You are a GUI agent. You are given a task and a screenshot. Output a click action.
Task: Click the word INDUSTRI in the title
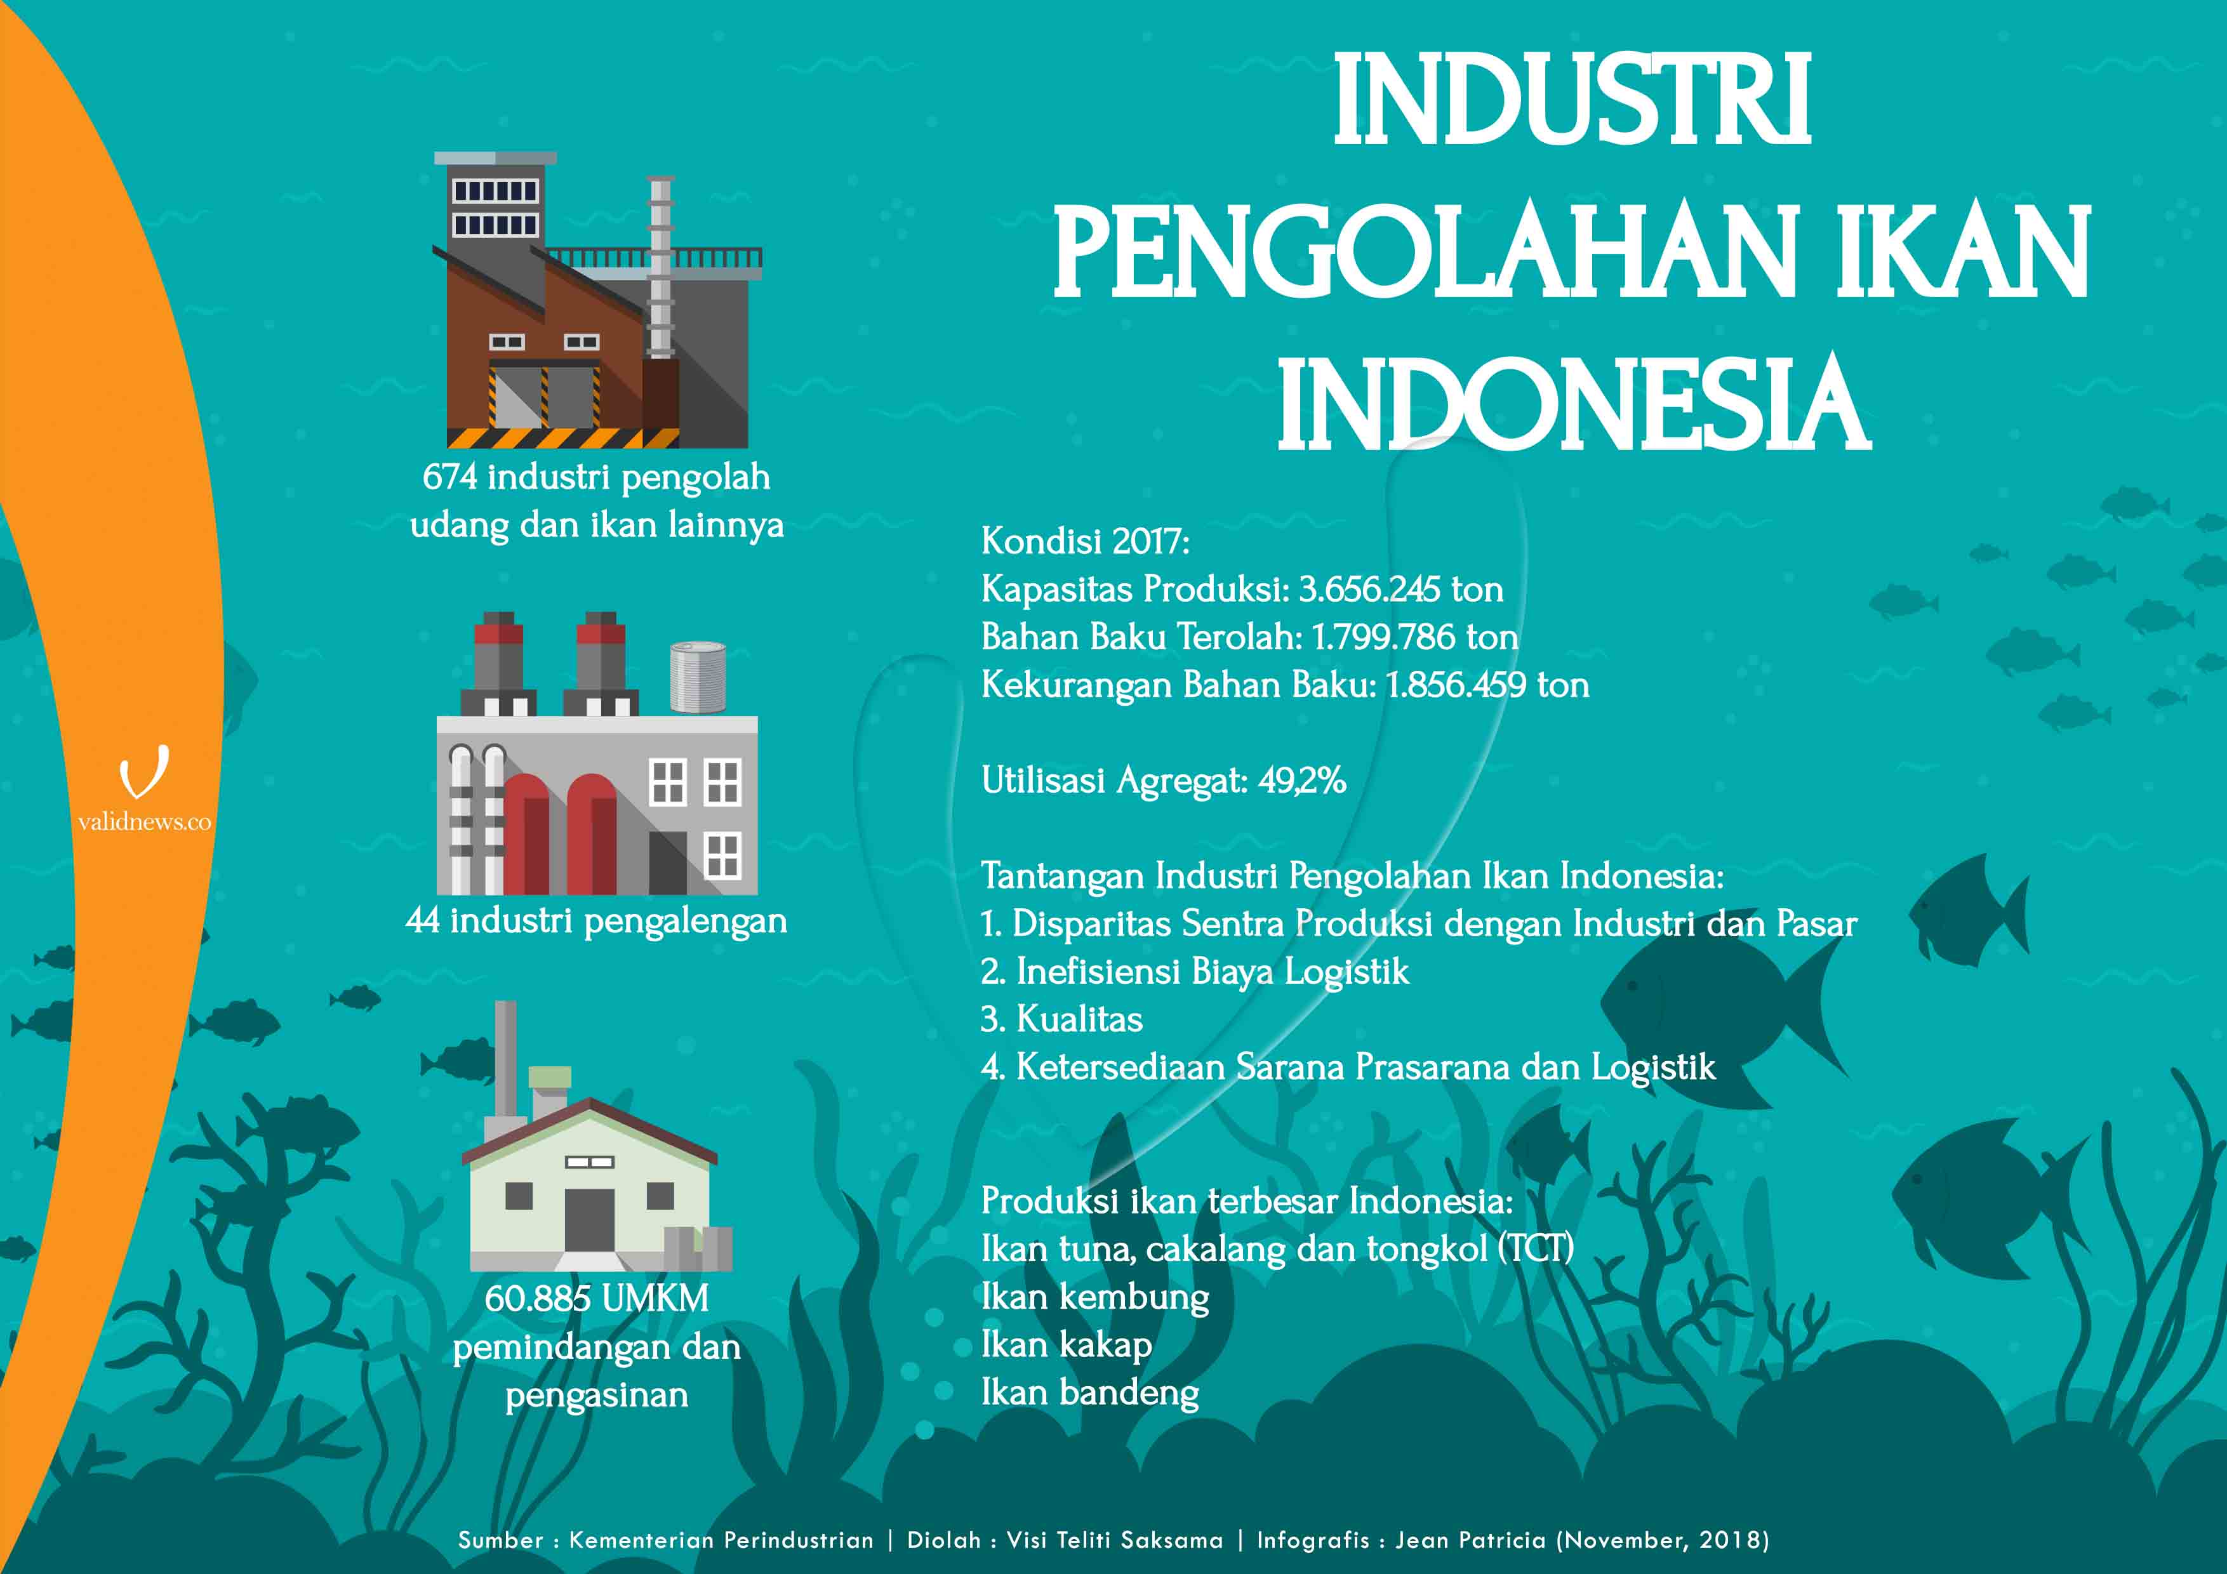[x=1571, y=100]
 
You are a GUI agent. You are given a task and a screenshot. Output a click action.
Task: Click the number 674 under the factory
[x=450, y=477]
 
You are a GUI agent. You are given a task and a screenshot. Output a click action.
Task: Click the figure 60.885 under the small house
[x=533, y=1298]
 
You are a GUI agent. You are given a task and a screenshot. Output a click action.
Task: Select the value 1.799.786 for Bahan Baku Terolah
[x=1384, y=637]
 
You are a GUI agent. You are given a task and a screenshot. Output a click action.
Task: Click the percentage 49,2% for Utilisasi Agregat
[x=1301, y=780]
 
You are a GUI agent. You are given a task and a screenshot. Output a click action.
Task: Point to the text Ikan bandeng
[x=1090, y=1392]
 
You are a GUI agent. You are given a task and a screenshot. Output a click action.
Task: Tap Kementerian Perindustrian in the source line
[x=721, y=1540]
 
